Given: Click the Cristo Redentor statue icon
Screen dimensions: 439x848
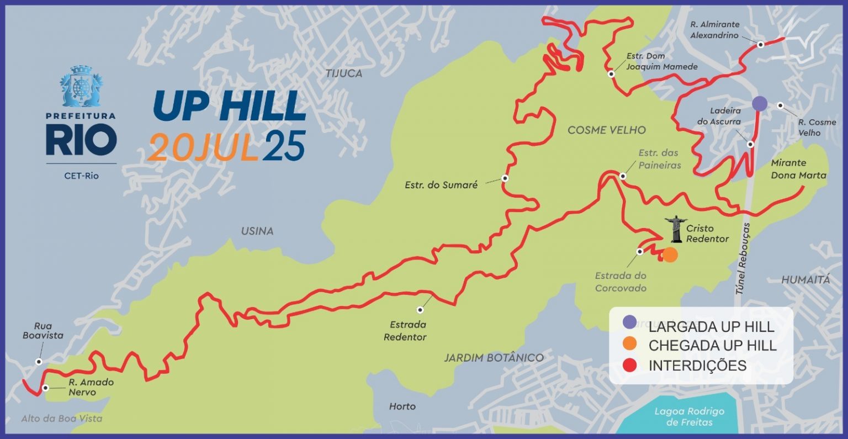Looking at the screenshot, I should coord(675,229).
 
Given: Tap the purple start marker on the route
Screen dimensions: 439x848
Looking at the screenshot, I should coord(759,103).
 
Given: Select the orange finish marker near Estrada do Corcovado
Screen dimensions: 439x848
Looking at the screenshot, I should coord(670,255).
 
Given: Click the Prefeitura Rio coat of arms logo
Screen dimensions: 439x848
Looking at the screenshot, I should coord(81,87).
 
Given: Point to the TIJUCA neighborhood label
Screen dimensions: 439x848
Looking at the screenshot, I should coord(343,73).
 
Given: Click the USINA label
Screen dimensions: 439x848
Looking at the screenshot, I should coord(257,231).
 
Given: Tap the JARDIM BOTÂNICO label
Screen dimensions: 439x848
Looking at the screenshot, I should coord(494,358).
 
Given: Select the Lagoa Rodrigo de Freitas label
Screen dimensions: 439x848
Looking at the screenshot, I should coord(689,417).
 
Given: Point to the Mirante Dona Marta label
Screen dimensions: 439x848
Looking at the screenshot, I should coord(798,169).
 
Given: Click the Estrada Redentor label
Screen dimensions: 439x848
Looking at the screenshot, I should coord(405,331).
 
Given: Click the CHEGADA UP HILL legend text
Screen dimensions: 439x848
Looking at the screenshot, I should coord(712,346).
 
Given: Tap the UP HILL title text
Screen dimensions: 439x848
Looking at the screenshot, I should coord(229,105).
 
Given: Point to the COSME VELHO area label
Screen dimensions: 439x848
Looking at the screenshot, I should coord(606,130).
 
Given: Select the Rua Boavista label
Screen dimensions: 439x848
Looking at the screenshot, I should coord(43,331).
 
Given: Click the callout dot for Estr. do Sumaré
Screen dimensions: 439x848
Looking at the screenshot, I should coord(505,178).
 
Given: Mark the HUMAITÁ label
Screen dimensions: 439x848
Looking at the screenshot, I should coord(805,280).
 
